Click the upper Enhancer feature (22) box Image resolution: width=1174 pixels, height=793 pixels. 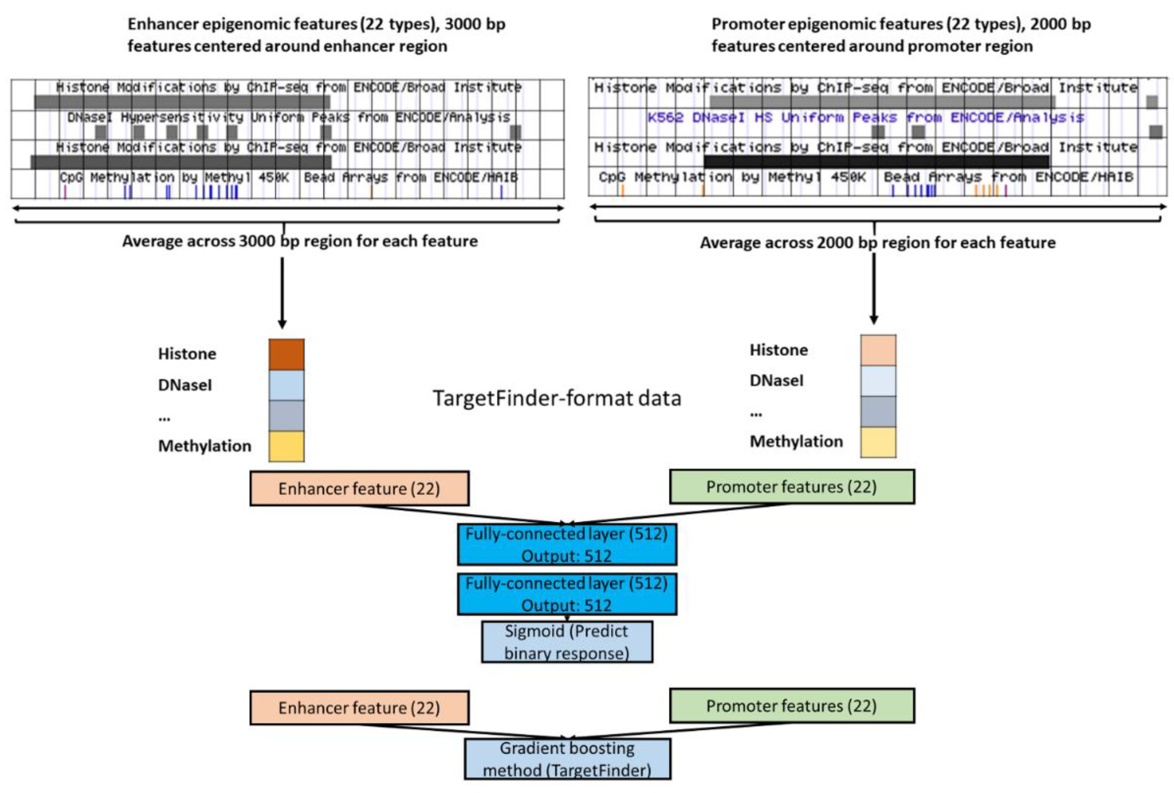point(359,489)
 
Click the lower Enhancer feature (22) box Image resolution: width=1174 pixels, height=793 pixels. point(359,707)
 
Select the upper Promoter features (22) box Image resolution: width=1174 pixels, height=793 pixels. point(792,487)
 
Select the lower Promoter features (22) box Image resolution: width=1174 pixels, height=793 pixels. point(792,705)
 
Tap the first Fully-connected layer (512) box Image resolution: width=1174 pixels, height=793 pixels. point(567,545)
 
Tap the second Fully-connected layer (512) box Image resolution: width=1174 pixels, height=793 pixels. point(567,594)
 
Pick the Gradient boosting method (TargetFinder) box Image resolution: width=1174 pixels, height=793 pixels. point(567,759)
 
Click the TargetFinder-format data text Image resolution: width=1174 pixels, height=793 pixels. point(557,399)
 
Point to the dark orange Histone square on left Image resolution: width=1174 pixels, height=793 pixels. point(286,354)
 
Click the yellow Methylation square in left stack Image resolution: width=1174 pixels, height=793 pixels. point(286,446)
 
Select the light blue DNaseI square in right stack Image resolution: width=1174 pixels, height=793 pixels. point(878,381)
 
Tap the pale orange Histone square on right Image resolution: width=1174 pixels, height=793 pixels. point(878,350)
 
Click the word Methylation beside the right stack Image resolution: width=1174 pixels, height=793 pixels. point(796,442)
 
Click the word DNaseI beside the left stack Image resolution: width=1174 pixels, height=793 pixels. point(185,385)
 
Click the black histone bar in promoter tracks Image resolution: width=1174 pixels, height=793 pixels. point(876,162)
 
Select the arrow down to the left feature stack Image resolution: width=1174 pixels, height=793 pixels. point(282,293)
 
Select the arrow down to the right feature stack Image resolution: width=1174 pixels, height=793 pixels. point(874,288)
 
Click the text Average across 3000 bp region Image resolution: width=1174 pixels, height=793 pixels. point(300,241)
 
